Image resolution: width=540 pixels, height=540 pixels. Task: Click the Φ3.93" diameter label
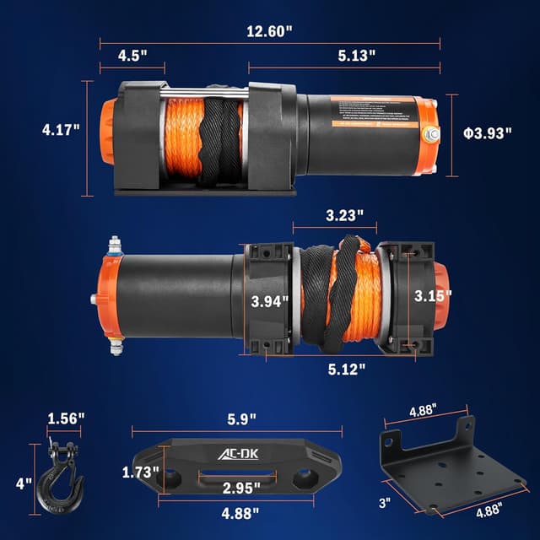pos(487,133)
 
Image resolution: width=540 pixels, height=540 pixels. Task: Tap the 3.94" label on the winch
pos(269,300)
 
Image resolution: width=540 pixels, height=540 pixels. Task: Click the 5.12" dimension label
pos(347,368)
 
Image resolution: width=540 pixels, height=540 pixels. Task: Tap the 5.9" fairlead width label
pos(238,418)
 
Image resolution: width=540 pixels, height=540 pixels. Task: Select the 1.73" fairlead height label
pos(140,472)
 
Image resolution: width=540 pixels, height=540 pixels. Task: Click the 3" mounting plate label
pos(385,503)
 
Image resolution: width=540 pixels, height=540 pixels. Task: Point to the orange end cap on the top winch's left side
pos(109,137)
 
